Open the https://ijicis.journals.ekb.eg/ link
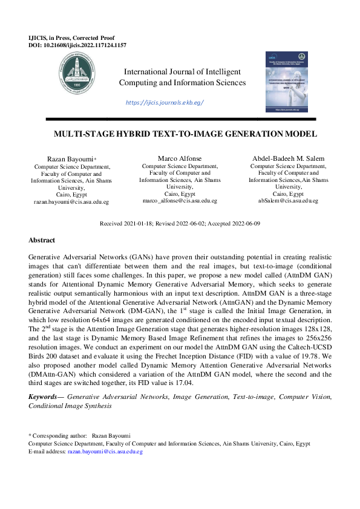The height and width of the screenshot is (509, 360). pos(165,103)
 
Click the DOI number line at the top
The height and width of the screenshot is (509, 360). pos(77,45)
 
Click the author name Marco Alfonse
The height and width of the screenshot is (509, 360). pos(180,158)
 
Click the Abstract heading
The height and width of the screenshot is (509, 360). pos(42,240)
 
